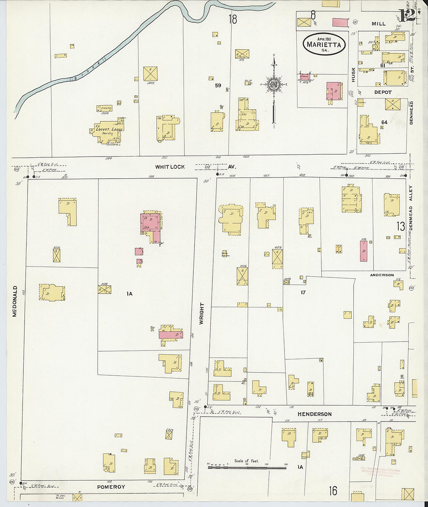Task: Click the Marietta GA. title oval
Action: pyautogui.click(x=324, y=44)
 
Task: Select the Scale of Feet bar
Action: pyautogui.click(x=247, y=467)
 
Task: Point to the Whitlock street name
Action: pyautogui.click(x=170, y=167)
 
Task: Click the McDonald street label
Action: pyautogui.click(x=15, y=301)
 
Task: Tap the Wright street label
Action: pyautogui.click(x=202, y=313)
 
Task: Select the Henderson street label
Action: pyautogui.click(x=314, y=414)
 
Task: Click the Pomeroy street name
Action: pyautogui.click(x=111, y=487)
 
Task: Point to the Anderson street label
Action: pyautogui.click(x=382, y=275)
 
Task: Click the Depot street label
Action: pyautogui.click(x=383, y=92)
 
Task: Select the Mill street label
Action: pyautogui.click(x=378, y=24)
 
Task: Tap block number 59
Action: pyautogui.click(x=218, y=85)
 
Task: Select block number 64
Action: pyautogui.click(x=384, y=122)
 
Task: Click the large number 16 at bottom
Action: pyautogui.click(x=333, y=491)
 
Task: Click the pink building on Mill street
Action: pyautogui.click(x=340, y=23)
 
